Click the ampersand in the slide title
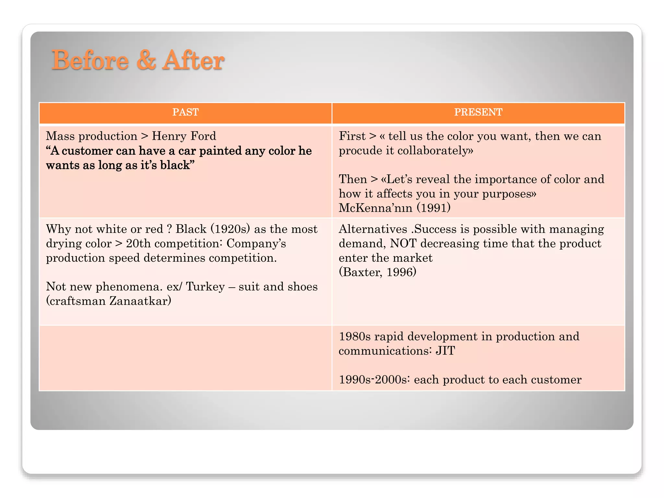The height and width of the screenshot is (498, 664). (x=146, y=60)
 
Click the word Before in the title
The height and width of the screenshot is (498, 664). (x=90, y=60)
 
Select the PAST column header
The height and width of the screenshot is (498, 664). (x=185, y=112)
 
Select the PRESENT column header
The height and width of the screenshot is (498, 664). (x=478, y=112)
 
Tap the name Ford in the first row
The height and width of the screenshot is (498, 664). (x=203, y=136)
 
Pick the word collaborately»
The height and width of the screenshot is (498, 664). (x=435, y=151)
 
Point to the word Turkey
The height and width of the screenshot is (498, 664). (x=205, y=287)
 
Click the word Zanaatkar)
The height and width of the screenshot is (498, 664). (x=140, y=301)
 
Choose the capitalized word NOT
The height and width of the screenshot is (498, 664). (x=403, y=243)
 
